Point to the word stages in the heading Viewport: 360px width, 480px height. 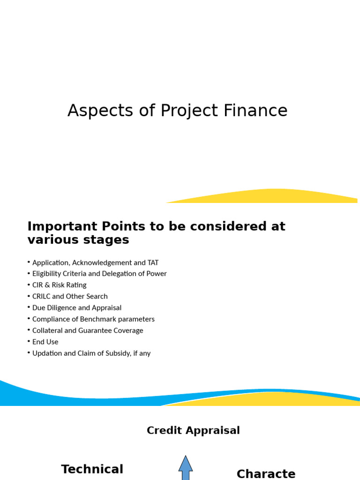tap(107, 240)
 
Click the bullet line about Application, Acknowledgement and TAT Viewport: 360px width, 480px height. tap(95, 262)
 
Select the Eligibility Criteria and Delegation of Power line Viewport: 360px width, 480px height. tap(99, 274)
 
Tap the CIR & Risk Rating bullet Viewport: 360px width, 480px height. tap(59, 285)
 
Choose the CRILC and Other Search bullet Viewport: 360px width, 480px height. tap(70, 296)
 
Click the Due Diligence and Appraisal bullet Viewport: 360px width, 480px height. tap(77, 308)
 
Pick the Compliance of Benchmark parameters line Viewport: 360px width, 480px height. tap(93, 319)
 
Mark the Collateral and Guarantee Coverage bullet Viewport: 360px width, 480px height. tap(88, 330)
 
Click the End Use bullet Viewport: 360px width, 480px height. tap(45, 342)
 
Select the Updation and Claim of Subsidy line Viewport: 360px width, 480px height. tap(91, 353)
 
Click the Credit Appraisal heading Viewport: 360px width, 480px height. tap(193, 430)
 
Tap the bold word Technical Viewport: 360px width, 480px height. tap(92, 469)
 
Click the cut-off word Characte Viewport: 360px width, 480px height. tap(266, 474)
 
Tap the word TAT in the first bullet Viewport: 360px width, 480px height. tap(153, 262)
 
